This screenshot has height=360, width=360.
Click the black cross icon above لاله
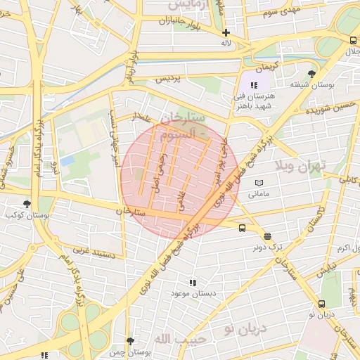(x=226, y=32)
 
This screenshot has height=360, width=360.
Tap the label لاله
(x=226, y=43)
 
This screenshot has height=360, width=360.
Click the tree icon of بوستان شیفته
(x=311, y=73)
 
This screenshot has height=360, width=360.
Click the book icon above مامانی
(x=259, y=182)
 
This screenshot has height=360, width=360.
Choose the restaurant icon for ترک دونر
(x=267, y=236)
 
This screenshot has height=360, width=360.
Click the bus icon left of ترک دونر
(x=242, y=228)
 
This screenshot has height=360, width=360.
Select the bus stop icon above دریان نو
(x=321, y=304)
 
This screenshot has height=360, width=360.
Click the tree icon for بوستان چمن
(x=129, y=340)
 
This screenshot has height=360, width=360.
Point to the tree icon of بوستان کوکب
(x=27, y=204)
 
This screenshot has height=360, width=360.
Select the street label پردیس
(x=167, y=77)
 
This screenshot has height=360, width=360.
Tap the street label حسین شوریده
(x=326, y=107)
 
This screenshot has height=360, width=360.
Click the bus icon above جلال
(x=349, y=39)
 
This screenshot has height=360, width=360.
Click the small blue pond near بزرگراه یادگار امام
(x=67, y=161)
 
